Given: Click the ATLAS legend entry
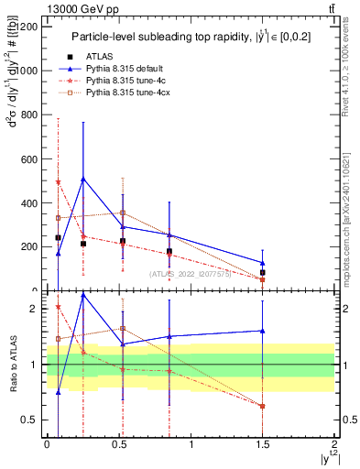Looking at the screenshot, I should (106, 55).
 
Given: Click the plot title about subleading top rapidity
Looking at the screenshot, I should (191, 38).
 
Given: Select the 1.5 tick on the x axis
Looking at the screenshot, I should (262, 443).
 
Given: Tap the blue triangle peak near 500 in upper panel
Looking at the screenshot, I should (83, 179).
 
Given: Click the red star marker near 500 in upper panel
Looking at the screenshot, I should (58, 182).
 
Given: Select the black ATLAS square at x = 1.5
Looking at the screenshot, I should (263, 272).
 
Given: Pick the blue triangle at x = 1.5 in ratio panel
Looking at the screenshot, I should (263, 331).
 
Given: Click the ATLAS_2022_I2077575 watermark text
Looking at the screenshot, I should (190, 273).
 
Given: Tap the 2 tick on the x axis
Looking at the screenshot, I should (335, 443).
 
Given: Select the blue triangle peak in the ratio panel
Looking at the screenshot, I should (83, 295).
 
